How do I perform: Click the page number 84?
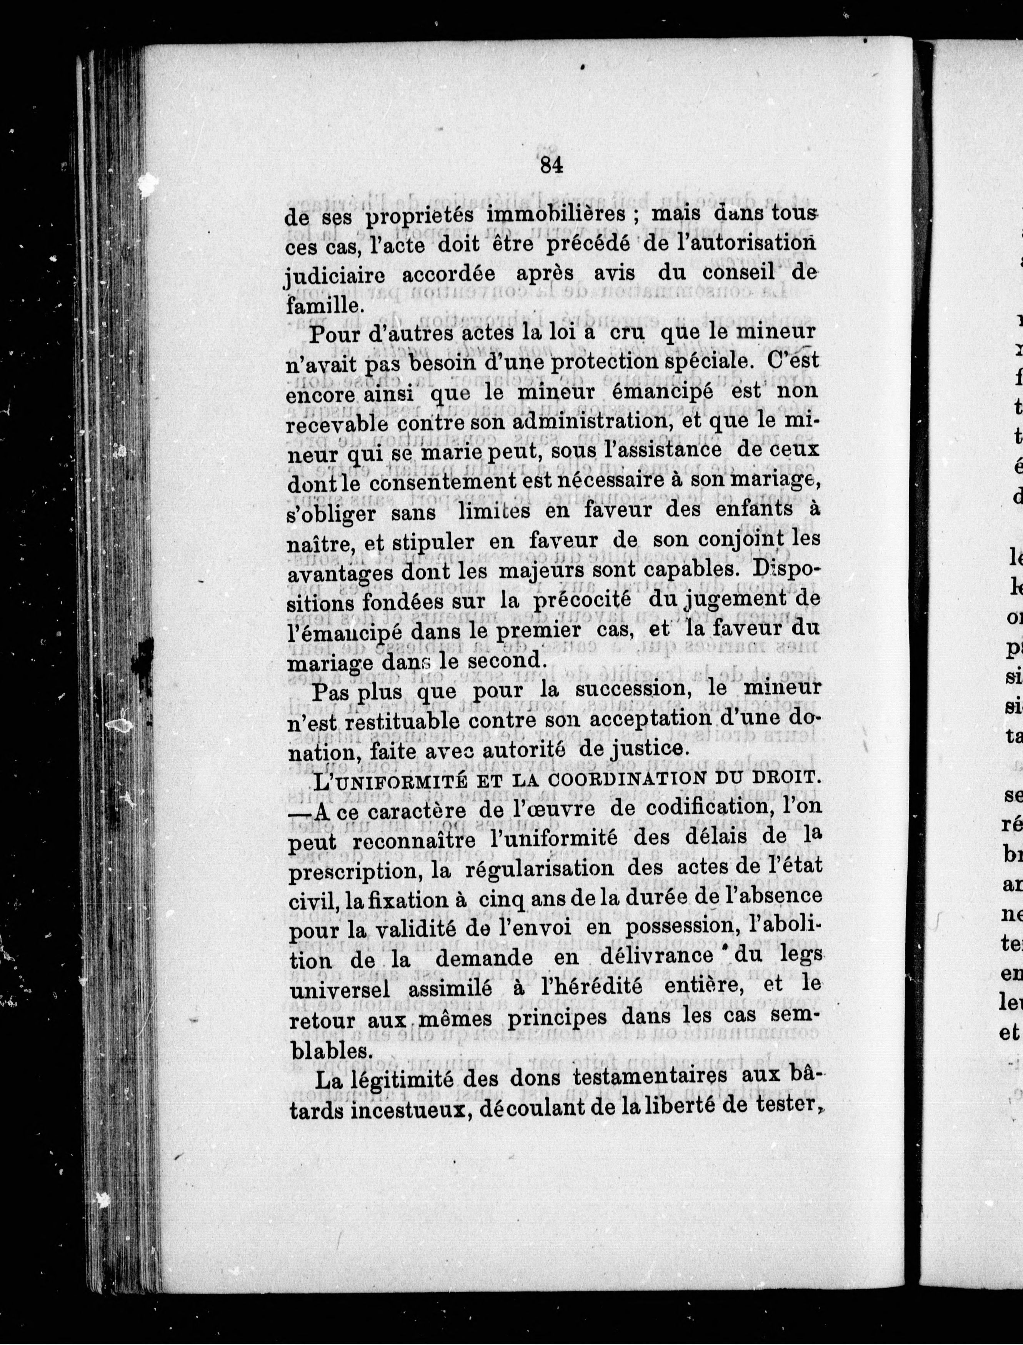tap(550, 166)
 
